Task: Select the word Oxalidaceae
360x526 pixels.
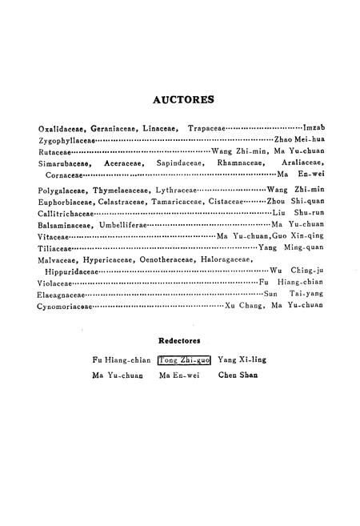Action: pyautogui.click(x=59, y=128)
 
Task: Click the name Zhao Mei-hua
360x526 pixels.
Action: pyautogui.click(x=298, y=139)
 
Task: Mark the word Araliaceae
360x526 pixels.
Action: pyautogui.click(x=302, y=163)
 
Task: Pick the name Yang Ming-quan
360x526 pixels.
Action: pyautogui.click(x=292, y=248)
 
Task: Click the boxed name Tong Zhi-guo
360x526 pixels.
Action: pyautogui.click(x=184, y=359)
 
